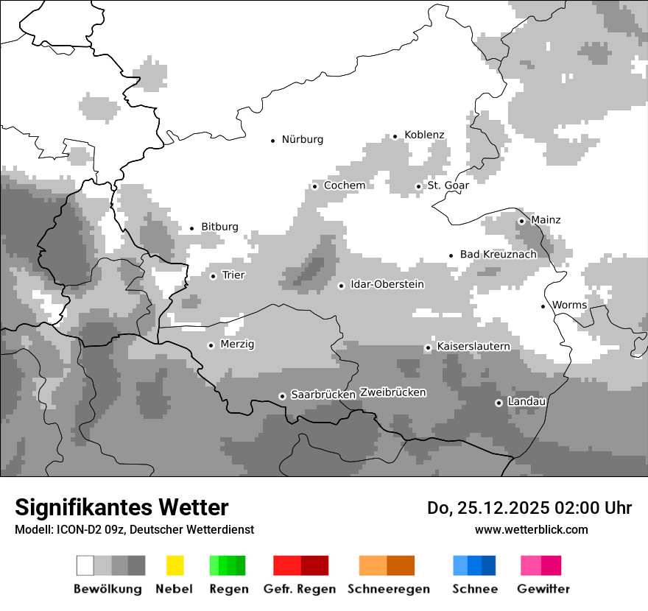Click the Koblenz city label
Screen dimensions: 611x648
[x=424, y=135]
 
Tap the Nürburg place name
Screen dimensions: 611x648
[x=302, y=139]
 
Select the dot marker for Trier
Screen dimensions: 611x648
[x=214, y=276]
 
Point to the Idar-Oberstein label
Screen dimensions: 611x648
[x=387, y=284]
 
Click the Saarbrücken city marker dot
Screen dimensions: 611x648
[x=282, y=396]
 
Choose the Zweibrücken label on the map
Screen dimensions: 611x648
[x=392, y=392]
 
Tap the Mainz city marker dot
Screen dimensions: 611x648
[x=521, y=221]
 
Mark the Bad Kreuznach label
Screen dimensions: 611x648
[x=499, y=254]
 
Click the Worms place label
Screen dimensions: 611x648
[x=569, y=305]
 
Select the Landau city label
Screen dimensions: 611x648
[x=526, y=401]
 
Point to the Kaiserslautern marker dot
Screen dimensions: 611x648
[x=428, y=347]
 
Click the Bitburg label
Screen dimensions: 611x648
[x=219, y=227]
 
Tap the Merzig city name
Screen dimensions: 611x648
[x=237, y=344]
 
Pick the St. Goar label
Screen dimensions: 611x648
[x=448, y=186]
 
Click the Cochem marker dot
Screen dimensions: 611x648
[x=314, y=186]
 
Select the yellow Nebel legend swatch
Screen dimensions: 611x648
[x=175, y=565]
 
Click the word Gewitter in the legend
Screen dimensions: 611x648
[x=543, y=589]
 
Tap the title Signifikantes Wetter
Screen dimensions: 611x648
[x=121, y=507]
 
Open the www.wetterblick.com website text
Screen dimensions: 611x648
[x=531, y=529]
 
